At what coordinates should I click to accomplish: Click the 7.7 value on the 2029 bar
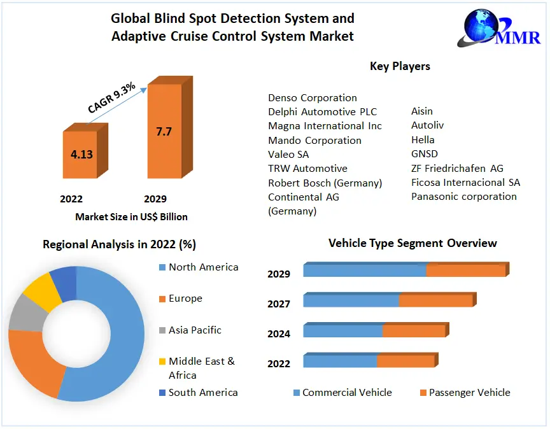tap(164, 132)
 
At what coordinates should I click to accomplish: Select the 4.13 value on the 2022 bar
tap(81, 154)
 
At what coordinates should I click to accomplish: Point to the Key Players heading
tap(400, 66)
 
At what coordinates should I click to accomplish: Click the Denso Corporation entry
tap(312, 97)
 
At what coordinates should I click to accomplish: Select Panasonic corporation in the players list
tap(463, 196)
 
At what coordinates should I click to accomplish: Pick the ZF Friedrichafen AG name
tap(457, 168)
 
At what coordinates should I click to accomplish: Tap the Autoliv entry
tap(427, 126)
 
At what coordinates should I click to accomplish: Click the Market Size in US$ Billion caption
tap(131, 216)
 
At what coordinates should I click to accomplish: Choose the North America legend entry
tap(203, 267)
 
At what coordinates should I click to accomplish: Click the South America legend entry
tap(203, 393)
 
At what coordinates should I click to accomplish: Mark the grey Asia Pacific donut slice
tap(23, 314)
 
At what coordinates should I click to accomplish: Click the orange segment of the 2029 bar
tap(465, 271)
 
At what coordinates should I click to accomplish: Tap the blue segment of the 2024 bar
tap(342, 331)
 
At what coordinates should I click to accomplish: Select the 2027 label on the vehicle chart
tap(279, 304)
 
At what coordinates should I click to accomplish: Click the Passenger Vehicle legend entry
tap(469, 393)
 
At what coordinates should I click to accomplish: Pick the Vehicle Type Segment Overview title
tap(412, 243)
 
